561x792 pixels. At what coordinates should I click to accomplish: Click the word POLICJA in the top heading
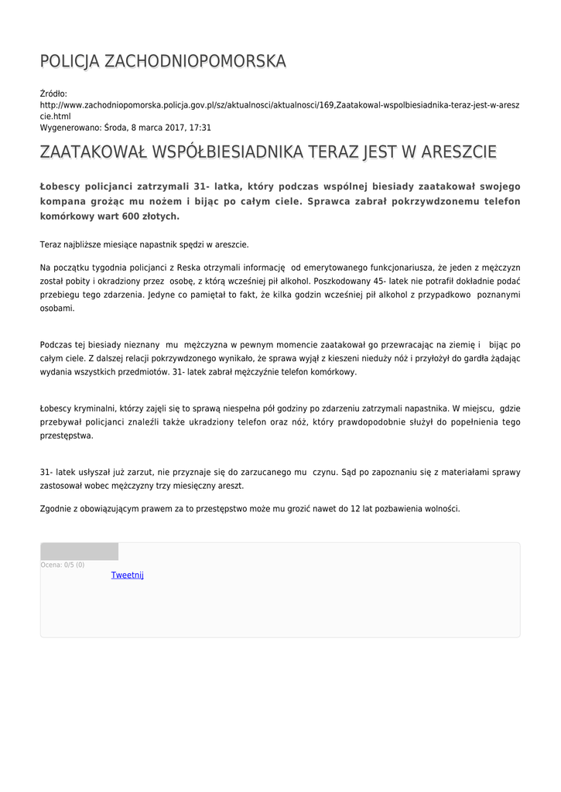coord(69,61)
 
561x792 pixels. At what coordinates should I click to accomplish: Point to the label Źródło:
coord(53,94)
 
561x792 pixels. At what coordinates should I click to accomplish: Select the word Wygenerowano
coord(70,128)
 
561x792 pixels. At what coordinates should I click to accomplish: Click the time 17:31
coord(200,128)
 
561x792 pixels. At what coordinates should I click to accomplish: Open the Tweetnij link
coord(128,575)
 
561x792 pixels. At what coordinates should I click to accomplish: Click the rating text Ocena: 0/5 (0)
coord(63,565)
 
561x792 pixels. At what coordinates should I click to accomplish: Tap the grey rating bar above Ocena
coord(79,551)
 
